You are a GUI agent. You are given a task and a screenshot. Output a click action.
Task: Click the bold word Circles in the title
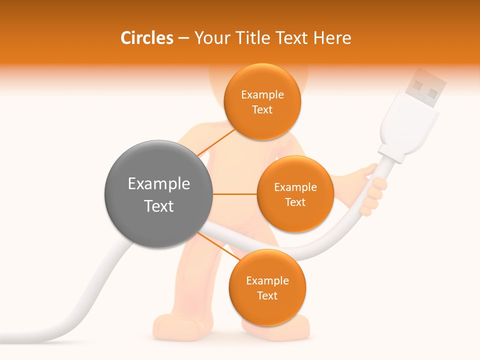pyautogui.click(x=146, y=38)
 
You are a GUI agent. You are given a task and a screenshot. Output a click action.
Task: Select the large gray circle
pyautogui.click(x=158, y=194)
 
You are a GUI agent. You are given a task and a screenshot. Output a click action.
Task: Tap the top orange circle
pyautogui.click(x=262, y=101)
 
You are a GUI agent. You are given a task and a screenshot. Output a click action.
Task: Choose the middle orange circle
pyautogui.click(x=295, y=194)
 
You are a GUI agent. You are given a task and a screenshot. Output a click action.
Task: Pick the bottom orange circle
pyautogui.click(x=267, y=288)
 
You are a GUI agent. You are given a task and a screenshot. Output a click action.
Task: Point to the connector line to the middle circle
pyautogui.click(x=234, y=194)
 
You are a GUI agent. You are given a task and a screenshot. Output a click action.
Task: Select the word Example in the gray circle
pyautogui.click(x=158, y=184)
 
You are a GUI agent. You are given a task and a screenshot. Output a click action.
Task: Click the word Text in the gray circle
pyautogui.click(x=158, y=206)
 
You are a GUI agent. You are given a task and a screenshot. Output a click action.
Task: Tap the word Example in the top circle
pyautogui.click(x=262, y=95)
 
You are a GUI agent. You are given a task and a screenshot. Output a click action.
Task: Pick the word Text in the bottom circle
pyautogui.click(x=267, y=296)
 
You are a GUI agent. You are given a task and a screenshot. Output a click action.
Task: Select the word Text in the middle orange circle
pyautogui.click(x=295, y=202)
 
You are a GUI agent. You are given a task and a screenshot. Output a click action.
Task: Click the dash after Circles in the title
pyautogui.click(x=183, y=38)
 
